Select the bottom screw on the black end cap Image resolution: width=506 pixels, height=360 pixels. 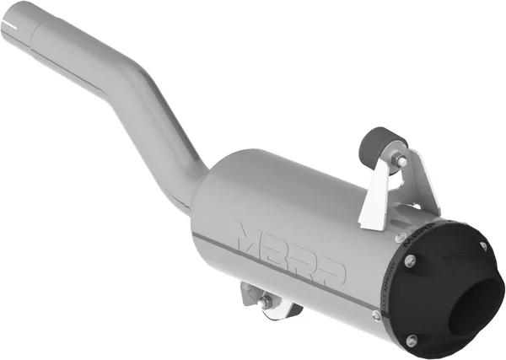(411, 339)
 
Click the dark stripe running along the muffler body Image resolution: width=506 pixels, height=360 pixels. (287, 270)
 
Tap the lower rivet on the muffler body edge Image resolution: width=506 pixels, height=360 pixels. (376, 314)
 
